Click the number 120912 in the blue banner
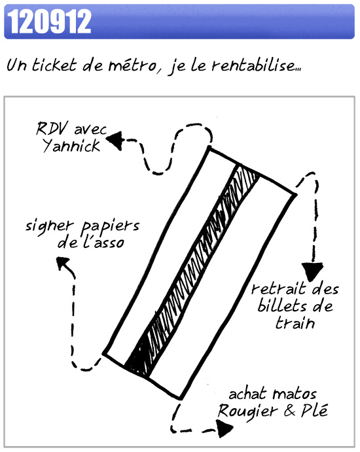[x=49, y=22]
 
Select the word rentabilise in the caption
[x=253, y=65]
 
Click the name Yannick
[x=71, y=146]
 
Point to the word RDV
[x=52, y=129]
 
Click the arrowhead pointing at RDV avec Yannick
[x=115, y=141]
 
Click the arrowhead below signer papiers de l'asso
[x=62, y=263]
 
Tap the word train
[x=295, y=322]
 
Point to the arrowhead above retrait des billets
[x=312, y=271]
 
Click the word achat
[x=247, y=394]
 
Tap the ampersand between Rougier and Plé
[x=289, y=411]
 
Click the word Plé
[x=315, y=410]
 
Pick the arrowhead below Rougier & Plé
[x=225, y=428]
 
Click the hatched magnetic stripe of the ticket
[x=192, y=271]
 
